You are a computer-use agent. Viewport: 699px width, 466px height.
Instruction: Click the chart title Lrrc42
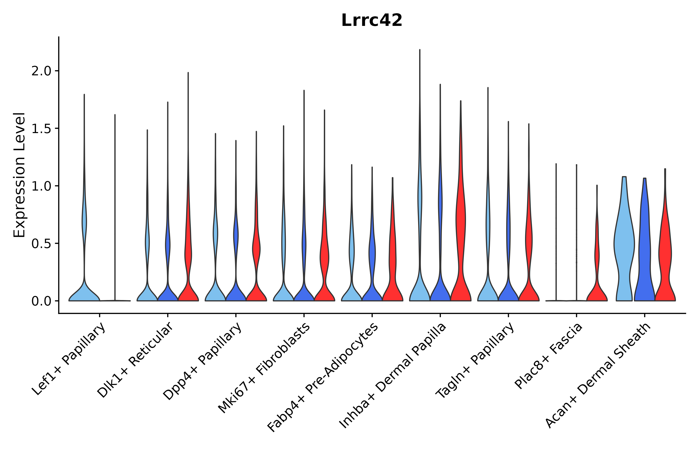(x=372, y=20)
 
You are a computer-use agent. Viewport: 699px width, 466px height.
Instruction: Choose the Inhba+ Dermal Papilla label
(x=392, y=376)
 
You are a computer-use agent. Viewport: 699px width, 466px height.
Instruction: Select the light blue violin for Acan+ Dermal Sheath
(x=624, y=244)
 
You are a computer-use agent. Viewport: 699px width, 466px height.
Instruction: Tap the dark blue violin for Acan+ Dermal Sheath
(x=644, y=253)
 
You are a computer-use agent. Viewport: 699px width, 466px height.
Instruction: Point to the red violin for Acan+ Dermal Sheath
(x=665, y=253)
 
